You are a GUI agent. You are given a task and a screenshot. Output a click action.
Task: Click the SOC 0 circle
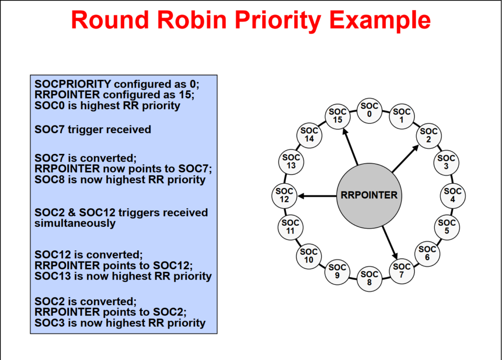[369, 110]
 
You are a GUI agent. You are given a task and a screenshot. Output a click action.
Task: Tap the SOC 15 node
[337, 116]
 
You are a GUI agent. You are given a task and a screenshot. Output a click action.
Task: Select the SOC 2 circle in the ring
[428, 135]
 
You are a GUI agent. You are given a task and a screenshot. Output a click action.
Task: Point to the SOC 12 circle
[284, 195]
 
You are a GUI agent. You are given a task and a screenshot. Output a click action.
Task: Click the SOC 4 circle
[452, 195]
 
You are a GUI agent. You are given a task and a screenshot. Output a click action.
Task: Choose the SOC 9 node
[337, 271]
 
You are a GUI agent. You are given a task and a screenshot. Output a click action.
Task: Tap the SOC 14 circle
[309, 135]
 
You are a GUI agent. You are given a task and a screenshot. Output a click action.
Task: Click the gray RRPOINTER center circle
[369, 195]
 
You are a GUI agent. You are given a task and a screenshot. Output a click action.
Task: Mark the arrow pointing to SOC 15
[351, 146]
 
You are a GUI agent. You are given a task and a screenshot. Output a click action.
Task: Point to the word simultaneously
[75, 223]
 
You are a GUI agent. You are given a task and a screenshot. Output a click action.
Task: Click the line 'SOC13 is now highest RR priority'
[123, 276]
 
